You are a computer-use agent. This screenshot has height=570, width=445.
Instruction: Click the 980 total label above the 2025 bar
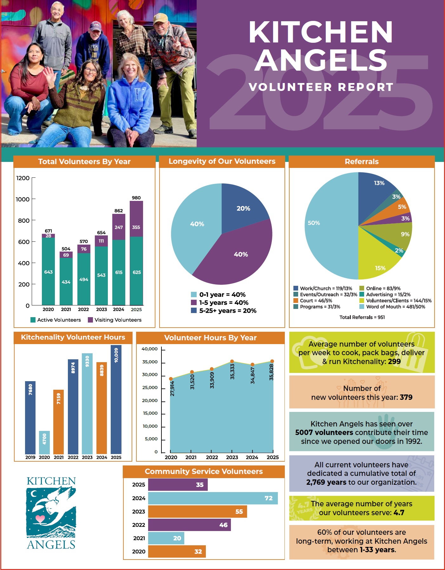coord(136,198)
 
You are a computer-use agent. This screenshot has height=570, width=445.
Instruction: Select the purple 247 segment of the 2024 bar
coord(119,227)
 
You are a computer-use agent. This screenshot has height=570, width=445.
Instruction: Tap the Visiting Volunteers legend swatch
coord(90,320)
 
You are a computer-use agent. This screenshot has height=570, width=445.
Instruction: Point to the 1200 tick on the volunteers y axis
coord(23,178)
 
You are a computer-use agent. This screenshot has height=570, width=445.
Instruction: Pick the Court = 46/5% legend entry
coord(313,300)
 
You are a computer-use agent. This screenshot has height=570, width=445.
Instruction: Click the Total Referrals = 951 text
coord(362,317)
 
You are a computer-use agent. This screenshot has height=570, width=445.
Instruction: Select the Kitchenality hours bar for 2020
coord(44,442)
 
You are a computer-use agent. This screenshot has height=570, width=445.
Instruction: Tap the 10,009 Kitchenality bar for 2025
coord(116,400)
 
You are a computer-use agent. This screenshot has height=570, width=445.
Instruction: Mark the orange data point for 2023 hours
coord(232,362)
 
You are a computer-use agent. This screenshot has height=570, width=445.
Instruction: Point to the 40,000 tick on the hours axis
coord(149,349)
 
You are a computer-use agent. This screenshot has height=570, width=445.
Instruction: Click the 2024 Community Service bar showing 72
coord(213,498)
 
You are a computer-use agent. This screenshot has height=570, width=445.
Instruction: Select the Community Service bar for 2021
coord(166,538)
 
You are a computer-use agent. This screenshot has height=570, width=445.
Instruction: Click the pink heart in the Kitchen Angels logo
coord(40,519)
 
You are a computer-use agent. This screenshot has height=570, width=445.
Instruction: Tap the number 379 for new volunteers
coord(406,397)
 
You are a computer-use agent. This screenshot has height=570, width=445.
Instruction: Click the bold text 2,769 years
coord(326,482)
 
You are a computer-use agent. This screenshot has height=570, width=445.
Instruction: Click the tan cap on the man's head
coord(160,19)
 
